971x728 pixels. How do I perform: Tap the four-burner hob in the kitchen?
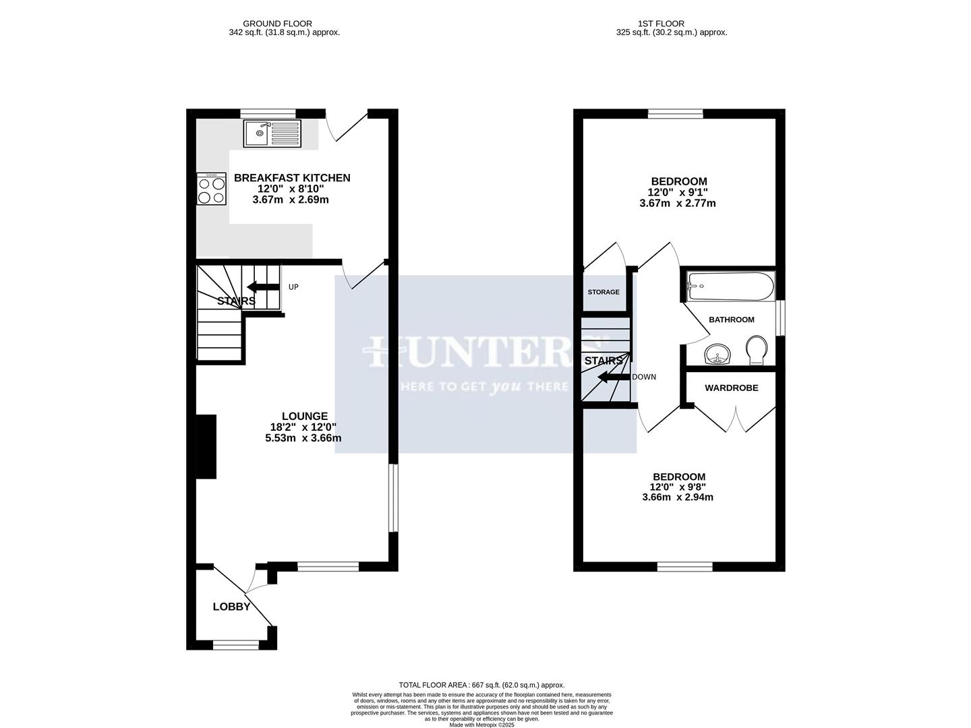coord(211,189)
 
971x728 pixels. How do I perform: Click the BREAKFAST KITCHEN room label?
coord(291,178)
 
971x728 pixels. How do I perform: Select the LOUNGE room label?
coord(304,417)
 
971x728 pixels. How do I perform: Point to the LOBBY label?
coord(231,607)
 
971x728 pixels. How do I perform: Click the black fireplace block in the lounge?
coord(206,447)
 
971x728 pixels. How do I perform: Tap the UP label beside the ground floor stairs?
coord(293,286)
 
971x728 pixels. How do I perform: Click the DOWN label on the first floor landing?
coord(644,377)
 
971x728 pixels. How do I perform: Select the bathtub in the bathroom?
coord(730,286)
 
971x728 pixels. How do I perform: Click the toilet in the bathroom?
coord(757,350)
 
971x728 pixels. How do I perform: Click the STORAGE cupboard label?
coord(603,292)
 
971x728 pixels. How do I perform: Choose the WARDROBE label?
coord(731,388)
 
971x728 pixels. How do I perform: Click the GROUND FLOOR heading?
coord(277,24)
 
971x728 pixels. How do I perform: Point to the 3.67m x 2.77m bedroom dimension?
coord(677,203)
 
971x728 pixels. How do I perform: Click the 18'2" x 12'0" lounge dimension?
coord(303,427)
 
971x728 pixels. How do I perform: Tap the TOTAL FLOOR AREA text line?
coord(481,685)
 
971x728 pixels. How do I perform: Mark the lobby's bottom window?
coord(236,646)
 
